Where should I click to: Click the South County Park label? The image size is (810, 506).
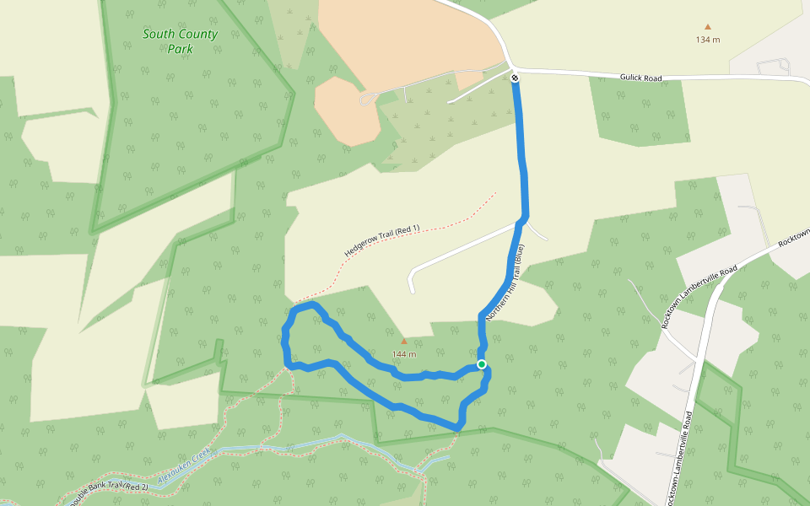pyautogui.click(x=180, y=41)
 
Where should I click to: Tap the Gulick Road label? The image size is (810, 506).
pyautogui.click(x=642, y=78)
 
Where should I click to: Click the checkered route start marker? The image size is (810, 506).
pyautogui.click(x=515, y=78)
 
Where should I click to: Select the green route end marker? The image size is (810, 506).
pyautogui.click(x=481, y=364)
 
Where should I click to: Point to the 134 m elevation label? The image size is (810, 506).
pyautogui.click(x=708, y=40)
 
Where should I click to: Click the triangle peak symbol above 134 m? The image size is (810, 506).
pyautogui.click(x=707, y=27)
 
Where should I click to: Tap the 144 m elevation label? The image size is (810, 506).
pyautogui.click(x=404, y=354)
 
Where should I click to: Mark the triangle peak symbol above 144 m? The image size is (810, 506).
pyautogui.click(x=403, y=342)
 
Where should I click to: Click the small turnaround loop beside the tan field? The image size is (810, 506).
pyautogui.click(x=369, y=99)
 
